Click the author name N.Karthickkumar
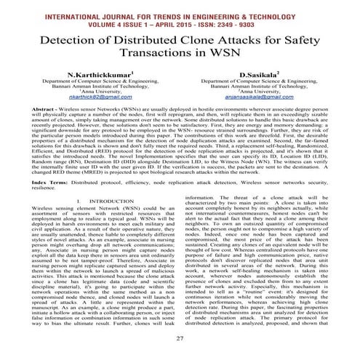point(99,74)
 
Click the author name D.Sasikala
point(258,74)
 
